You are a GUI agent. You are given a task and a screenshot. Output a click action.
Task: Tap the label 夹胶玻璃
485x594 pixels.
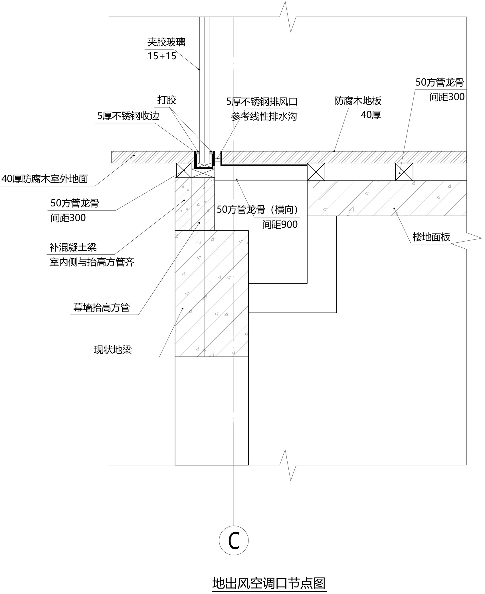pos(166,42)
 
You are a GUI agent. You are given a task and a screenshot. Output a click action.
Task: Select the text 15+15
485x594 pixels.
pos(162,56)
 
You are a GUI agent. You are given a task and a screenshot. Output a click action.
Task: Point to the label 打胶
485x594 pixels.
pos(167,100)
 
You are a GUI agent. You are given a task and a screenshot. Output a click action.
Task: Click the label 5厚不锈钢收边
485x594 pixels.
pos(128,116)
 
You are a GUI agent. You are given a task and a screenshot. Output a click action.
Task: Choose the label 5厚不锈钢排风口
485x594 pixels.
pos(262,102)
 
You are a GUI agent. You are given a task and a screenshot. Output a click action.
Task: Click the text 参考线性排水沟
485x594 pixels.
pos(264,116)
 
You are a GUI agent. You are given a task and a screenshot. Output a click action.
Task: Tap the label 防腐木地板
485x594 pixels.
pos(358,101)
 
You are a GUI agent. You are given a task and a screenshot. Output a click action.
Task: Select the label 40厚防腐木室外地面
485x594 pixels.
pos(45,179)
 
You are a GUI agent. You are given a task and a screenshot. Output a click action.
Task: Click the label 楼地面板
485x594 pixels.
pos(431,237)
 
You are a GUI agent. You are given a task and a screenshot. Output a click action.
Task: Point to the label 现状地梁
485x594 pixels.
pos(113,350)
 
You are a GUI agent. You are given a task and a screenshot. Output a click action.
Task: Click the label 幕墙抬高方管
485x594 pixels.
pos(102,308)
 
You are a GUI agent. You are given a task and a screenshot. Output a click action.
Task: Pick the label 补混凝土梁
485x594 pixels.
pos(73,247)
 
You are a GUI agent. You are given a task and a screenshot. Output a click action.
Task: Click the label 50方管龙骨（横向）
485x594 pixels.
pos(258,210)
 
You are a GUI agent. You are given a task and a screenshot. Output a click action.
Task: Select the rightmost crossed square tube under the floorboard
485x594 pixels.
pos(404,172)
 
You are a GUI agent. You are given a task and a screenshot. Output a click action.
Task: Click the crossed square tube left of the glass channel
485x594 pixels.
pos(184,171)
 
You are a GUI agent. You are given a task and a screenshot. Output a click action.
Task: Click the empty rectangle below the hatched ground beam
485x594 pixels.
pos(211,411)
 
